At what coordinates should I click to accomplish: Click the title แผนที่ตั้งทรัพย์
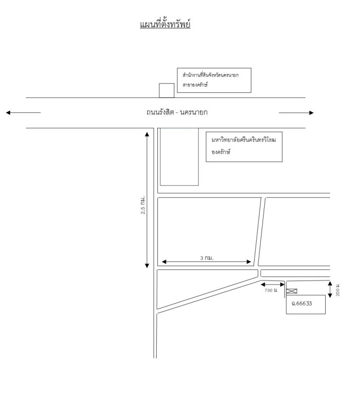pos(165,24)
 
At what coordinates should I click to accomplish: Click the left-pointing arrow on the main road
pos(23,113)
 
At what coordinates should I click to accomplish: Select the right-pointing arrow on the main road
pos(296,113)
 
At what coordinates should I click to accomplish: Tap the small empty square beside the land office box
pos(166,90)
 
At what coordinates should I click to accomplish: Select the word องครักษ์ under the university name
pos(221,151)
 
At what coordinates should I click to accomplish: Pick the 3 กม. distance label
pos(207,257)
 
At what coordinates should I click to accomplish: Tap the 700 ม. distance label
pos(272,291)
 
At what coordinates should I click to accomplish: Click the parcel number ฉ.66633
pos(302,303)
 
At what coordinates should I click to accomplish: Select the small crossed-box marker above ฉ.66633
pos(291,291)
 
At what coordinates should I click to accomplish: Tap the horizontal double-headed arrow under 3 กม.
pos(206,262)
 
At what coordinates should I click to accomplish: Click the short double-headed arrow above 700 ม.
pos(273,284)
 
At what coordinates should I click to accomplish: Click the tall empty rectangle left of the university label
pos(179,157)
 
